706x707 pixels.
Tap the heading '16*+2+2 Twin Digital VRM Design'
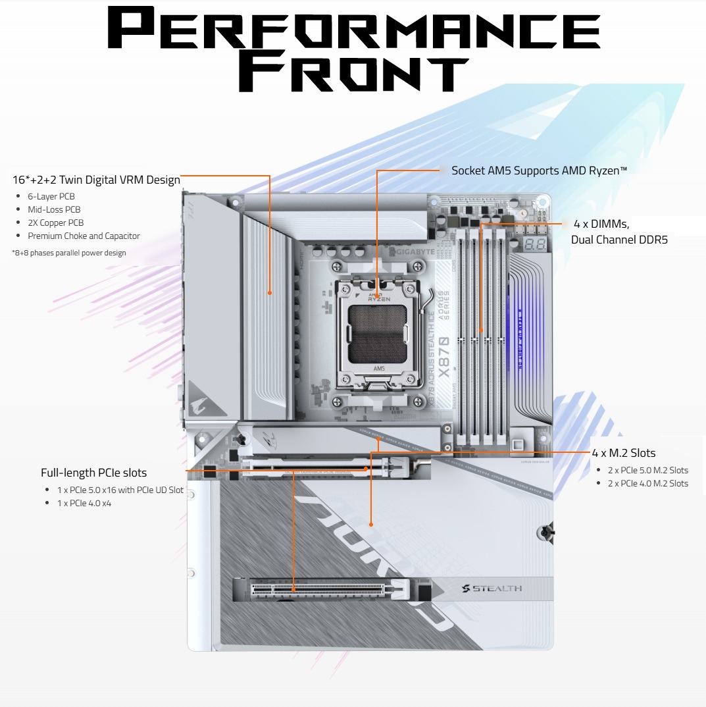[96, 180]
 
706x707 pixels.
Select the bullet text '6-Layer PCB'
[51, 196]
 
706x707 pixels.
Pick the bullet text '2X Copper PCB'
[56, 223]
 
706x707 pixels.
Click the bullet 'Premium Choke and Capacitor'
[84, 236]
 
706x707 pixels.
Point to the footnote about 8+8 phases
[69, 253]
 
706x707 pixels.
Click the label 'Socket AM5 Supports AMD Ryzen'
[539, 170]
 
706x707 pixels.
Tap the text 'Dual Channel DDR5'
[619, 240]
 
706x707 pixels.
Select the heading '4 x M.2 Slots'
[623, 453]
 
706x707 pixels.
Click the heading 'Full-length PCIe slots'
[93, 473]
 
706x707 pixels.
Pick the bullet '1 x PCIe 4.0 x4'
[84, 503]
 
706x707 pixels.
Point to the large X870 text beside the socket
[444, 356]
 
